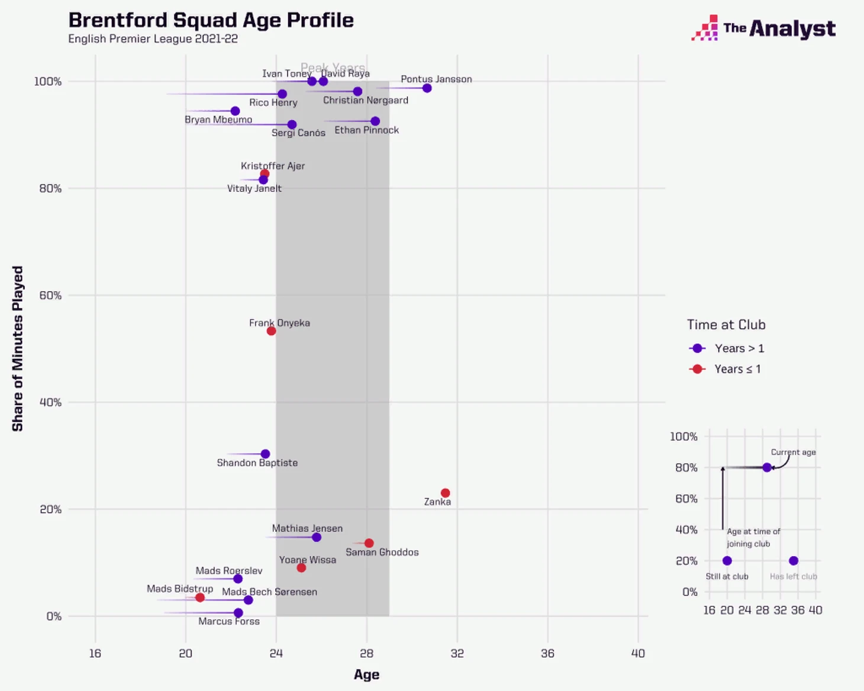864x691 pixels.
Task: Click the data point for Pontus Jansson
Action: pyautogui.click(x=427, y=88)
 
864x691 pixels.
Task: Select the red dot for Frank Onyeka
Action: pyautogui.click(x=271, y=331)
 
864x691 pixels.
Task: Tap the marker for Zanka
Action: pyautogui.click(x=445, y=493)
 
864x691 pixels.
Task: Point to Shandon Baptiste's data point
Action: pyautogui.click(x=265, y=454)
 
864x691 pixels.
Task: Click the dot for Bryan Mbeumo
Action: pyautogui.click(x=235, y=111)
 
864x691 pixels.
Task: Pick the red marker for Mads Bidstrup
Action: pyautogui.click(x=200, y=598)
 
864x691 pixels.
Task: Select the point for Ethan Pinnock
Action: pyautogui.click(x=375, y=121)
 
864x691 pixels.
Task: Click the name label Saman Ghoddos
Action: pyautogui.click(x=382, y=552)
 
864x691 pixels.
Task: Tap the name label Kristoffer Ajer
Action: pyautogui.click(x=273, y=166)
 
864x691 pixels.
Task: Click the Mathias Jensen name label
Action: pyautogui.click(x=307, y=528)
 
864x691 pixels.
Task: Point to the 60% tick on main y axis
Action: pyautogui.click(x=50, y=295)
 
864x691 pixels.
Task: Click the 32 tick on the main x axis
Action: pyautogui.click(x=457, y=653)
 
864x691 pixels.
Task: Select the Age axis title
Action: pyautogui.click(x=366, y=674)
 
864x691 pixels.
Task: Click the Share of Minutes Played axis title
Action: pyautogui.click(x=18, y=348)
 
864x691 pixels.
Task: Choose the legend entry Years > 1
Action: pyautogui.click(x=739, y=348)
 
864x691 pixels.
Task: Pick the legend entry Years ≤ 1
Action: pyautogui.click(x=737, y=369)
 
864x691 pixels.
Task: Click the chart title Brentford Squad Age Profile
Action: pyautogui.click(x=211, y=20)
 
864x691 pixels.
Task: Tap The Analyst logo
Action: pyautogui.click(x=763, y=28)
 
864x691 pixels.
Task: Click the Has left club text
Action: pyautogui.click(x=793, y=576)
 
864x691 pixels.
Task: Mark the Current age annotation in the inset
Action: pyautogui.click(x=793, y=452)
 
